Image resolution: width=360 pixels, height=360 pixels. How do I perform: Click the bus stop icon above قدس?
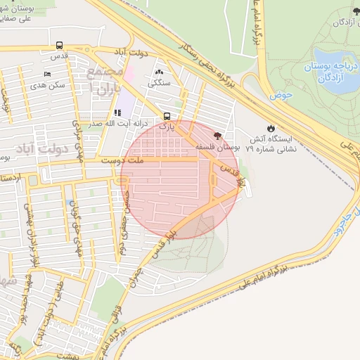coord(58,46)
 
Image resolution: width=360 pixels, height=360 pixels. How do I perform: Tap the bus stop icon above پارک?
coord(167,116)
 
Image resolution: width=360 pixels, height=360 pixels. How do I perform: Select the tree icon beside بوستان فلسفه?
coord(217,134)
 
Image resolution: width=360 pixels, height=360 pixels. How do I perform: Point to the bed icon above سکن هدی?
coord(48,75)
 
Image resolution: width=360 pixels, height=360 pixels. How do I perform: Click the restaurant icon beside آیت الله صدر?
coord(117,112)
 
